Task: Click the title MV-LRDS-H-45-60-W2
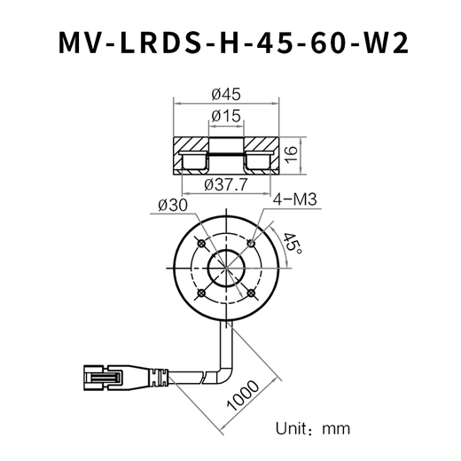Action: pyautogui.click(x=230, y=43)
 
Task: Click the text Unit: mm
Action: pyautogui.click(x=313, y=428)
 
